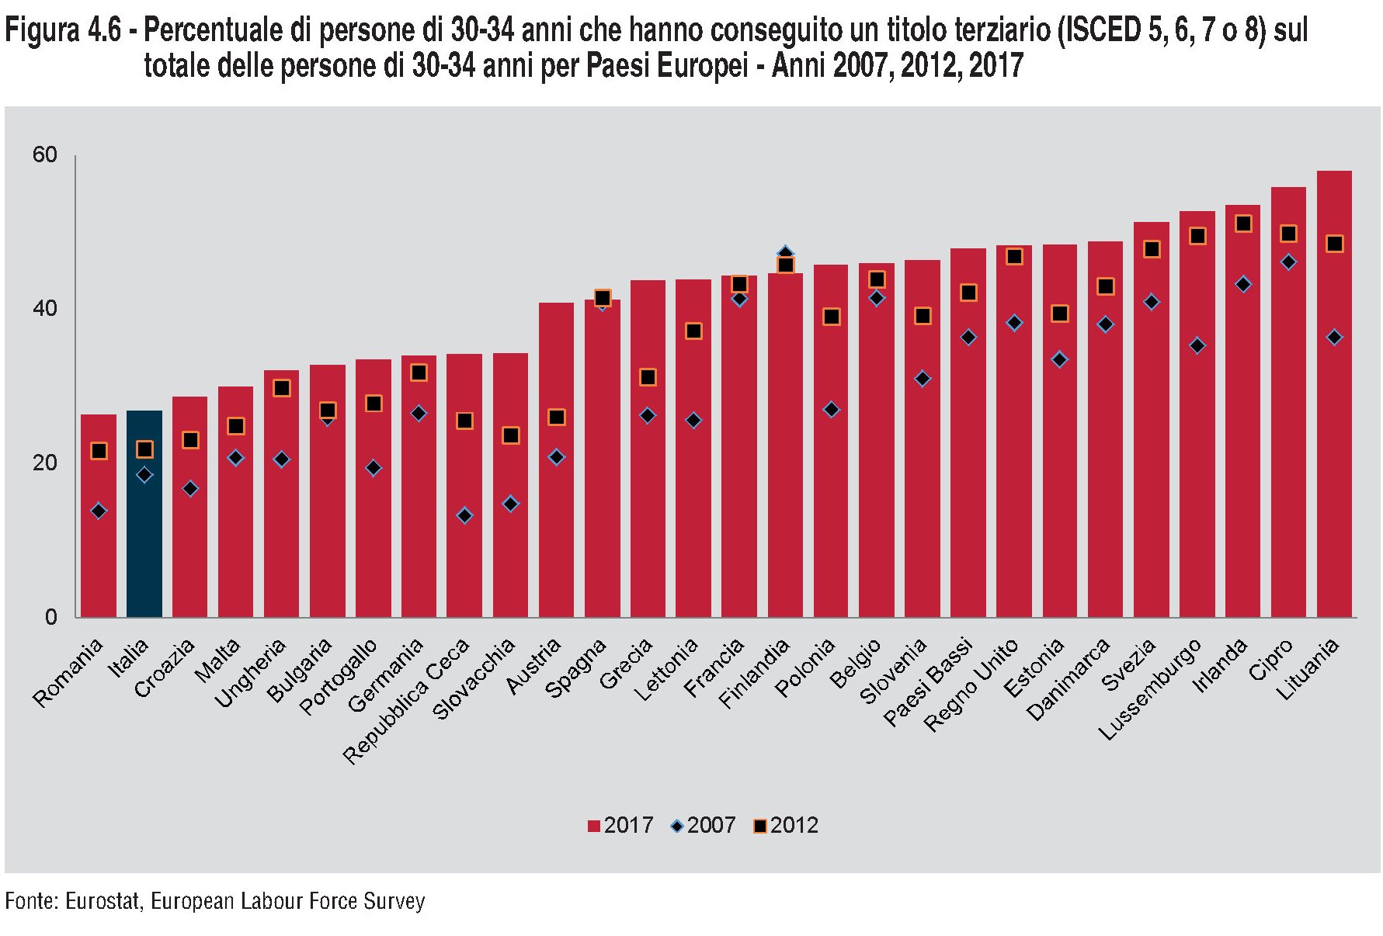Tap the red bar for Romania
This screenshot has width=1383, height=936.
(x=99, y=543)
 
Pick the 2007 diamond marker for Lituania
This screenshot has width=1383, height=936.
(x=1334, y=338)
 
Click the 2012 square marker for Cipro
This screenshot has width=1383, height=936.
(x=1288, y=234)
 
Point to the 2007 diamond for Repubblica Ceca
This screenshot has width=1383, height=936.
(x=464, y=515)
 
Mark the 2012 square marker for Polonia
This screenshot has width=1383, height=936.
(x=831, y=317)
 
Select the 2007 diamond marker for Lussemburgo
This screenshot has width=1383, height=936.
(x=1197, y=345)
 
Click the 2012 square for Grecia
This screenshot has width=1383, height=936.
(x=648, y=377)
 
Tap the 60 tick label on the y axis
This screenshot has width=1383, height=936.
(x=45, y=155)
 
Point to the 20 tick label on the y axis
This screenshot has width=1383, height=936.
(x=45, y=463)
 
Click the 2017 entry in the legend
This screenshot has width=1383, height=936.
(x=620, y=825)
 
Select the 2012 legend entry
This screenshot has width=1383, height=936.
(x=786, y=825)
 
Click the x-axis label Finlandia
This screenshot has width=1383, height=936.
(x=754, y=674)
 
